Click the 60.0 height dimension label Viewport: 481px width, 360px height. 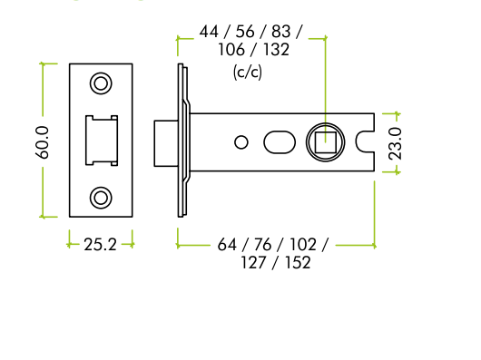pos(42,142)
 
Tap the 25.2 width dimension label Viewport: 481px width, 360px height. pos(100,245)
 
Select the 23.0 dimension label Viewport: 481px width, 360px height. pos(395,143)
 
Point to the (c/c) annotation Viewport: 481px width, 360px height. pos(247,73)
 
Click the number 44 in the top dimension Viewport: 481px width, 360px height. pos(209,32)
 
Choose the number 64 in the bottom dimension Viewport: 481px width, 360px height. pos(227,245)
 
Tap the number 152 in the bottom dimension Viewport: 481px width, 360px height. pos(298,263)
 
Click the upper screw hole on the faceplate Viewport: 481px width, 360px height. pos(101,83)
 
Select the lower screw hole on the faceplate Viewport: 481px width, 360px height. pos(101,198)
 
